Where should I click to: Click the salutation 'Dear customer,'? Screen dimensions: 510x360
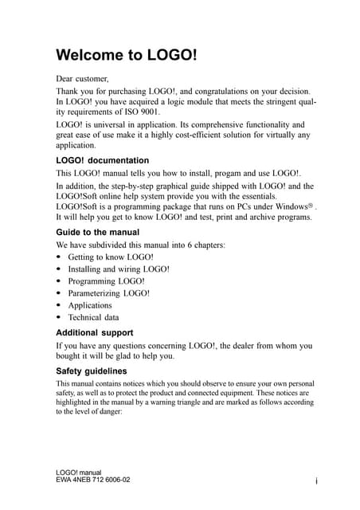point(82,79)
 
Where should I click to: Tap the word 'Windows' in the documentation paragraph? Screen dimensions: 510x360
point(291,206)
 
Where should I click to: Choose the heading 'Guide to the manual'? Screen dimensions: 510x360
point(97,232)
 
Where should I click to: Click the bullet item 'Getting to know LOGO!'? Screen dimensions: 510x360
point(111,257)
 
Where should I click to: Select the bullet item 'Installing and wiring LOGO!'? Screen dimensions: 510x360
point(119,269)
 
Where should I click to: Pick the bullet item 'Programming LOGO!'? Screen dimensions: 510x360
point(106,281)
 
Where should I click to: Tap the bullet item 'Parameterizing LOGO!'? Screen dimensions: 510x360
point(109,293)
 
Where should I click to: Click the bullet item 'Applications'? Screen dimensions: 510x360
point(90,305)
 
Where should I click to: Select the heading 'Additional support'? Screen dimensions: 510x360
point(94,331)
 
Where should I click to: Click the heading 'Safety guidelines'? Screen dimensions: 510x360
point(91,371)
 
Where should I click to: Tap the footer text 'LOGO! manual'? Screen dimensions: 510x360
point(79,473)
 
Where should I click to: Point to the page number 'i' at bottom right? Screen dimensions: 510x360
point(316,481)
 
